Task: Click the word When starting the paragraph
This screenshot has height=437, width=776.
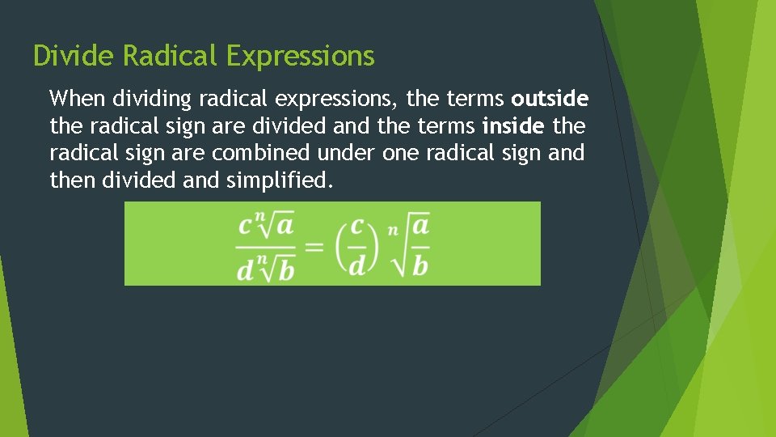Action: [x=78, y=100]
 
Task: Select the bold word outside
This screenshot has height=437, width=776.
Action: [x=550, y=100]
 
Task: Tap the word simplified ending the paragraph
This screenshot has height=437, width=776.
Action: [x=279, y=180]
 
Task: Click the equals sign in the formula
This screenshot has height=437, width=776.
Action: [x=314, y=245]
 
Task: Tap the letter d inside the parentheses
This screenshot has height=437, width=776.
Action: [x=356, y=265]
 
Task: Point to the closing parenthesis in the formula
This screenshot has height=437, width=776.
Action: [x=376, y=244]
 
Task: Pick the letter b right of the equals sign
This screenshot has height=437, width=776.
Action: [x=420, y=265]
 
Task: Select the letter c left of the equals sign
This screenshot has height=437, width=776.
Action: [x=245, y=225]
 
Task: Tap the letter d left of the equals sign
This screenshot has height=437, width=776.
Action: [x=245, y=269]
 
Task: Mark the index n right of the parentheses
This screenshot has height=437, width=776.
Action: [x=393, y=230]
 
